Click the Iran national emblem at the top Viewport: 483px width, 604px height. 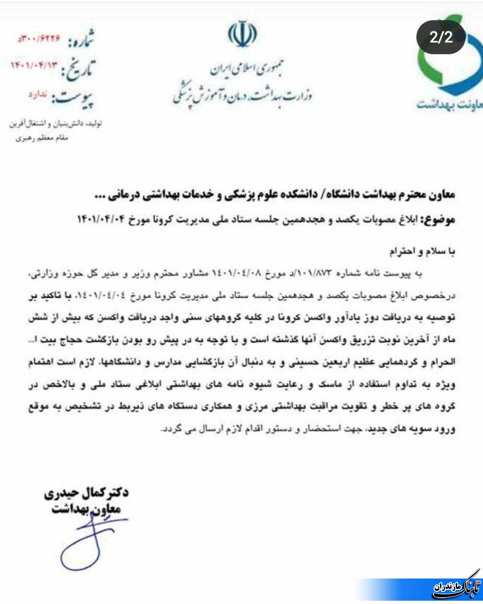click(242, 34)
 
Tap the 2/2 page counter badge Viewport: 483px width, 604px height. click(441, 38)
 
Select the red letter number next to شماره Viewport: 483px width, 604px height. click(40, 38)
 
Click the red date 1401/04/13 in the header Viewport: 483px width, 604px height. click(36, 66)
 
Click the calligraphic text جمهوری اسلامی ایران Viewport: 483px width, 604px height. click(242, 71)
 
